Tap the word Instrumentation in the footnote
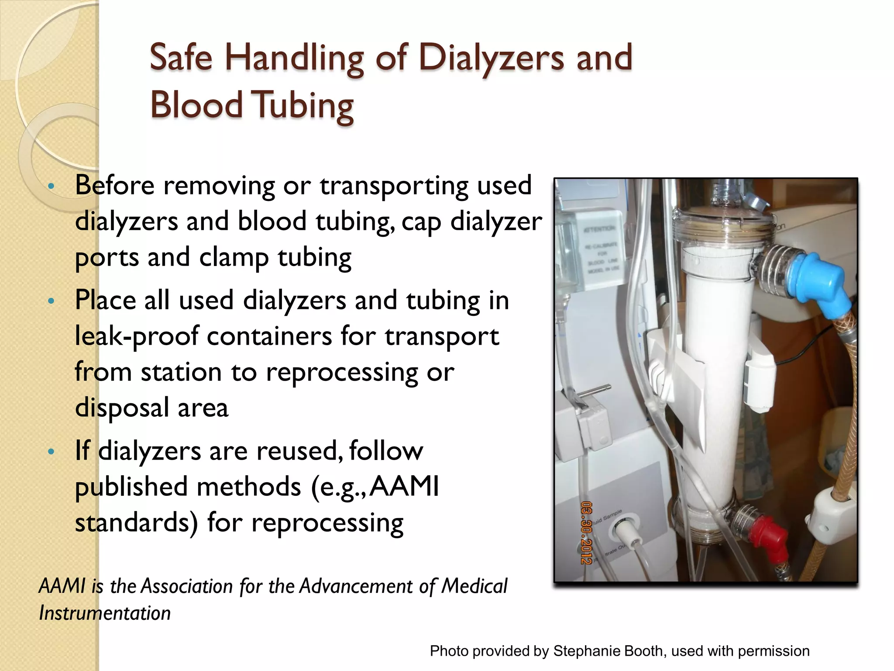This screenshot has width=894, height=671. (x=105, y=613)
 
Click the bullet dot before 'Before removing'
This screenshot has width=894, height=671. (x=51, y=187)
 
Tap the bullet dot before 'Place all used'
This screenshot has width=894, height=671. (x=51, y=301)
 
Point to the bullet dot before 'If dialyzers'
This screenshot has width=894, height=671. (x=51, y=452)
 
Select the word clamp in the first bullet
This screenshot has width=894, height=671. (x=234, y=257)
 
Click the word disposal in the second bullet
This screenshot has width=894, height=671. (x=122, y=408)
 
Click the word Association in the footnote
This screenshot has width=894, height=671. (x=187, y=586)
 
